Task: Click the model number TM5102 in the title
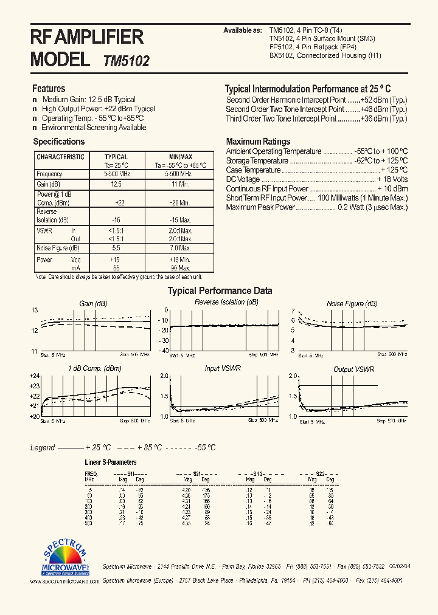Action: [x=127, y=61]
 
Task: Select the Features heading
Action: [x=49, y=88]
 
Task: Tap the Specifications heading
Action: [x=58, y=142]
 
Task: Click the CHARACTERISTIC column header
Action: [x=60, y=157]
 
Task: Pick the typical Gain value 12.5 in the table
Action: [x=116, y=184]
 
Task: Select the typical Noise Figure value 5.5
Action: [x=116, y=248]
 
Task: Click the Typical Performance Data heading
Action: [x=220, y=290]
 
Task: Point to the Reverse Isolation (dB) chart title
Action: [x=226, y=302]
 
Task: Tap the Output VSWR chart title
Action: [x=353, y=369]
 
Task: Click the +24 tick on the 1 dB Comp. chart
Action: [x=34, y=376]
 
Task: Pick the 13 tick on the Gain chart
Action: [x=35, y=310]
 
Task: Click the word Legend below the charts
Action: [x=43, y=448]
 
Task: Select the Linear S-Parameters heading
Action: [x=110, y=462]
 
